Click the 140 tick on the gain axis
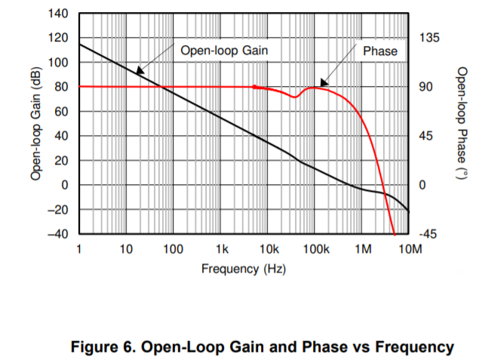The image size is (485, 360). pyautogui.click(x=60, y=14)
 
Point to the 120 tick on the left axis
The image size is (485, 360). pyautogui.click(x=60, y=38)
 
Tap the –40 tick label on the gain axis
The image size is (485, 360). pyautogui.click(x=57, y=234)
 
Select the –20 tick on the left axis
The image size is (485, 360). pyautogui.click(x=57, y=210)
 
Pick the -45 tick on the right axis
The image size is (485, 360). pyautogui.click(x=429, y=235)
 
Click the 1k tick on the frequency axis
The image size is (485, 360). pyautogui.click(x=221, y=249)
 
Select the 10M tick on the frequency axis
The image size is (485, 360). pyautogui.click(x=410, y=249)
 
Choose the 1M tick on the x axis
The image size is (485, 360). pyautogui.click(x=363, y=249)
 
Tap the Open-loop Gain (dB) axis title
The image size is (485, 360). pyautogui.click(x=35, y=124)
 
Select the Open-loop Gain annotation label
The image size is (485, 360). pyautogui.click(x=225, y=51)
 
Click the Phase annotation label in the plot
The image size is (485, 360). pyautogui.click(x=380, y=51)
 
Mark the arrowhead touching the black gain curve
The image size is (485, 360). pyautogui.click(x=139, y=71)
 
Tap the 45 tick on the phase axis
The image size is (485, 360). pyautogui.click(x=427, y=136)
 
